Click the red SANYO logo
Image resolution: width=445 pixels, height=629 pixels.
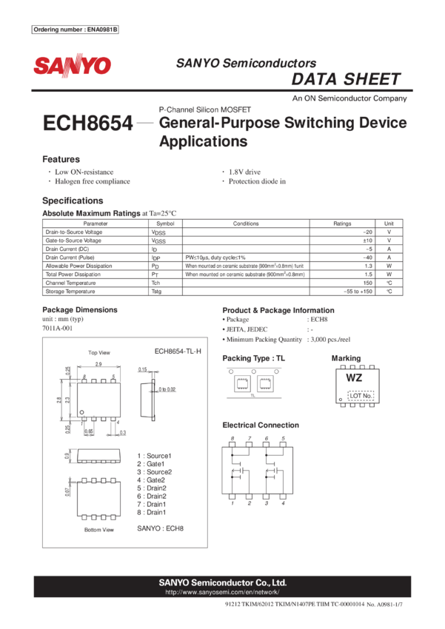pos(72,66)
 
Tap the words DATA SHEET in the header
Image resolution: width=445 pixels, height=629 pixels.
pos(346,80)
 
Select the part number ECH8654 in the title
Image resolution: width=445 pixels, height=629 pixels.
pos(89,123)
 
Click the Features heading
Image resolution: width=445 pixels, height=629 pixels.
pos(61,160)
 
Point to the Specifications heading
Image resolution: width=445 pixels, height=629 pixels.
pos(73,201)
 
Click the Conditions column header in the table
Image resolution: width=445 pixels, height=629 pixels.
pos(246,223)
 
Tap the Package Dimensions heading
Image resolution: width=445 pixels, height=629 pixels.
pos(79,309)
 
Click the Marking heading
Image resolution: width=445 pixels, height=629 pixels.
pos(347,358)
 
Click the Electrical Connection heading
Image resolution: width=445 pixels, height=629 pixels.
pos(261,425)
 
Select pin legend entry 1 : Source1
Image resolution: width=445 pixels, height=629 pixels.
pos(153,455)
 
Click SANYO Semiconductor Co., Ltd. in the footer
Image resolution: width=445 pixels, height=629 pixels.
pos(222,583)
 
